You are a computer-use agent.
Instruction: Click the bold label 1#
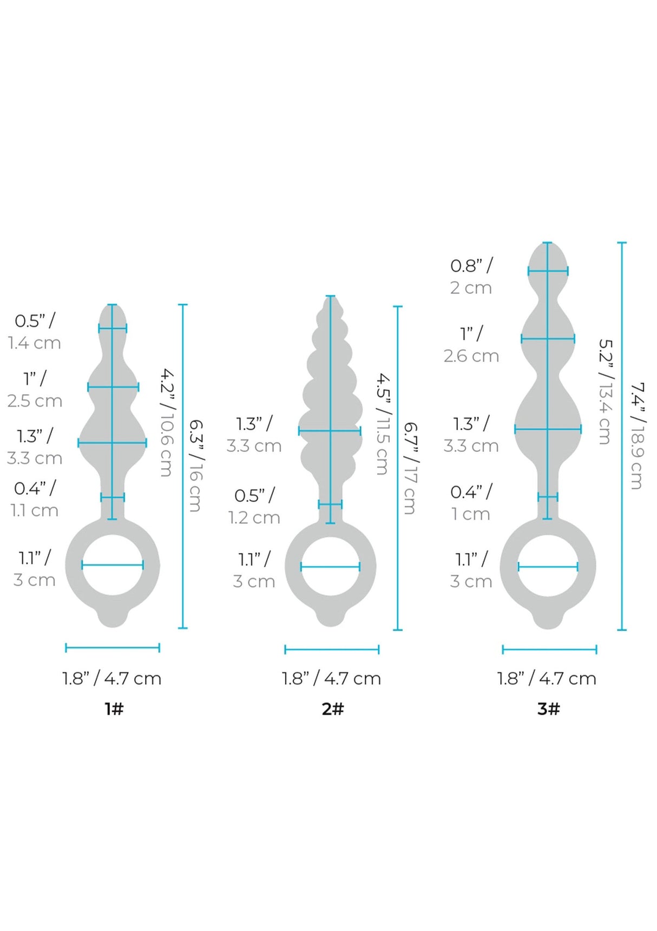(114, 709)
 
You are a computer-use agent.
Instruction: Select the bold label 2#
(333, 709)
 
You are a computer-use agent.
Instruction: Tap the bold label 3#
(549, 709)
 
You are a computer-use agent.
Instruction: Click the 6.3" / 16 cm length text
(195, 465)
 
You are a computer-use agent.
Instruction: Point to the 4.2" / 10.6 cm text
(167, 422)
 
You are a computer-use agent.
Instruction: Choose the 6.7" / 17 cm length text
(410, 468)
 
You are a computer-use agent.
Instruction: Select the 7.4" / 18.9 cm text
(637, 436)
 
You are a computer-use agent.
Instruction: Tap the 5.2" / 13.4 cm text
(606, 391)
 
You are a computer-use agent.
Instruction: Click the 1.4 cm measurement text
(34, 343)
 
